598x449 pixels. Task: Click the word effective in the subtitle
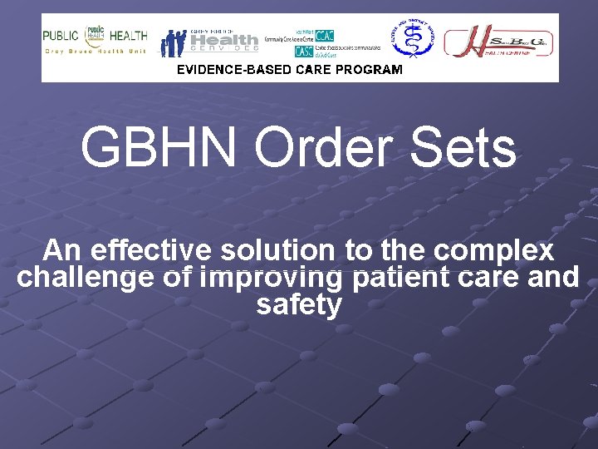coord(154,249)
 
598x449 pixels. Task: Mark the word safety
coord(299,304)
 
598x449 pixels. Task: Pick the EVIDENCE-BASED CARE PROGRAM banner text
coord(290,70)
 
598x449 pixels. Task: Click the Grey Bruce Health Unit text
coord(96,52)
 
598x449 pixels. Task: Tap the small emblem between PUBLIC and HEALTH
coord(96,36)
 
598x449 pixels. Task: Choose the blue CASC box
coord(303,51)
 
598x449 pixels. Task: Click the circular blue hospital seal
coord(413,40)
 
